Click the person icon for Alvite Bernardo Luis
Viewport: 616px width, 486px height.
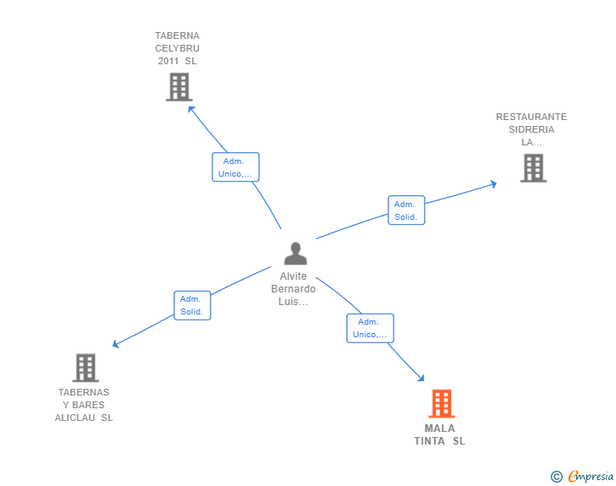(295, 254)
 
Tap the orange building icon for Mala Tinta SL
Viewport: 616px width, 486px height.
(441, 403)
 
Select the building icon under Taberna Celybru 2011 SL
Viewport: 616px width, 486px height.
(179, 87)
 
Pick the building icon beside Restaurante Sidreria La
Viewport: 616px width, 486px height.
(533, 168)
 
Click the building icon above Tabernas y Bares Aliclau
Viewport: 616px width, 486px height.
(85, 368)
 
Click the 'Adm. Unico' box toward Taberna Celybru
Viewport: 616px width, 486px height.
(235, 167)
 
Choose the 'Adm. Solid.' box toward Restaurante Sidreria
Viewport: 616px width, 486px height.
(406, 210)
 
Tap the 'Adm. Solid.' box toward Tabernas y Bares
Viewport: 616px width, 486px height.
(192, 305)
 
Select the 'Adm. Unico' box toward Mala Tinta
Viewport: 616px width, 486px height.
(370, 328)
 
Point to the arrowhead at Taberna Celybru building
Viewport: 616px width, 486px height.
(191, 108)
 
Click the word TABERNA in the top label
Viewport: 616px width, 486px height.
(177, 35)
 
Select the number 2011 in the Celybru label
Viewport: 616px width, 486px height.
(168, 61)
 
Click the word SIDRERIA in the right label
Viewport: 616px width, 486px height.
(531, 129)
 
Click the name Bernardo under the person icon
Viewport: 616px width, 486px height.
(294, 289)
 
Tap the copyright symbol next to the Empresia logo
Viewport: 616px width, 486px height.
(556, 477)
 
